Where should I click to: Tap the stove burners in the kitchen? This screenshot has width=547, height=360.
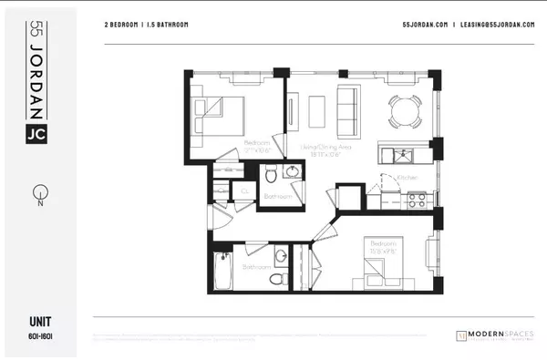[418, 197]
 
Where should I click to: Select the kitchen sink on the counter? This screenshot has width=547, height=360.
[400, 151]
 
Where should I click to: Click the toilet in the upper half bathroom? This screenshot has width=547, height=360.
[271, 173]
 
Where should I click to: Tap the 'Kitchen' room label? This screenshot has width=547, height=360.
[407, 176]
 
